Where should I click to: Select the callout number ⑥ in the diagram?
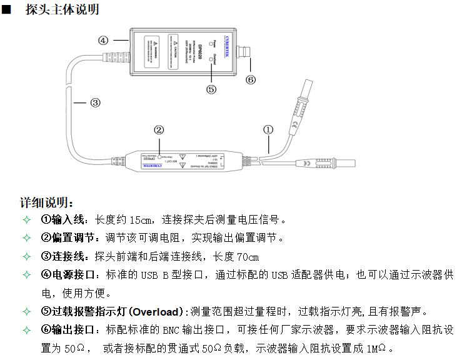251,79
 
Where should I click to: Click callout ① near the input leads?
268,130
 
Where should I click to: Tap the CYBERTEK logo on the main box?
224,49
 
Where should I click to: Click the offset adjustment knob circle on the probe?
159,156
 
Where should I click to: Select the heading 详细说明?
47,203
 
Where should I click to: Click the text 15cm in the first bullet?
143,220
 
